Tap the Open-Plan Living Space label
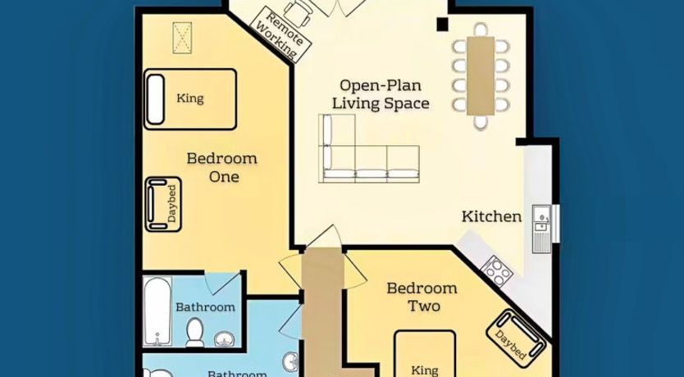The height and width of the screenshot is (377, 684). [x=381, y=94]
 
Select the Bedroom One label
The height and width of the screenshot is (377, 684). [x=222, y=167]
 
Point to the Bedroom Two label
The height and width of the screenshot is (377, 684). [x=422, y=297]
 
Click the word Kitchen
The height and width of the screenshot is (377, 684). [x=491, y=216]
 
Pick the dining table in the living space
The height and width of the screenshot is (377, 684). [x=481, y=76]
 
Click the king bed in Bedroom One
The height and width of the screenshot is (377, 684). [x=190, y=99]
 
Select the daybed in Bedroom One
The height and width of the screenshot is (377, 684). [x=162, y=204]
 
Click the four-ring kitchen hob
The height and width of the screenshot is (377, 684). [x=497, y=271]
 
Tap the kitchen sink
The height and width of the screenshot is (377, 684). [x=542, y=229]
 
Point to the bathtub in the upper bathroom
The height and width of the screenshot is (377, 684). [x=157, y=311]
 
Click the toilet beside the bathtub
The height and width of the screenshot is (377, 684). [x=195, y=332]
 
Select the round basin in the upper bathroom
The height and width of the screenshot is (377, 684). [x=225, y=339]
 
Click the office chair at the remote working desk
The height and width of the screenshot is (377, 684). [x=299, y=13]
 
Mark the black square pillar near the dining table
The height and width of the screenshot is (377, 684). [x=442, y=25]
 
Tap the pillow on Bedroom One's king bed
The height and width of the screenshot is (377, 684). [x=156, y=99]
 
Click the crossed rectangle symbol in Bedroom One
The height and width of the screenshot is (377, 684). [x=182, y=38]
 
